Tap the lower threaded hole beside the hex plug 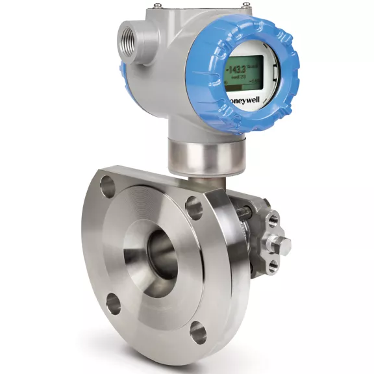tap(273, 264)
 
